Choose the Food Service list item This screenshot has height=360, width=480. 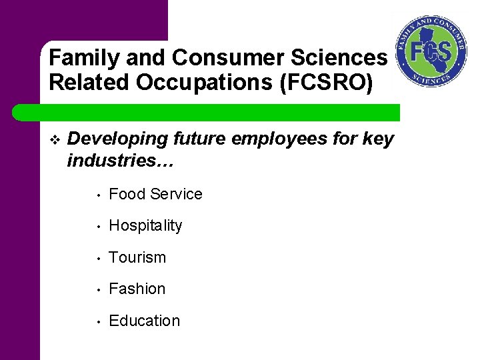(155, 194)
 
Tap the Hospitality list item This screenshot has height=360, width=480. (145, 226)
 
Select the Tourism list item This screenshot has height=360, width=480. (137, 257)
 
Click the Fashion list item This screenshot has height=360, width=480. (137, 289)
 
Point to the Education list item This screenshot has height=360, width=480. (144, 321)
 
